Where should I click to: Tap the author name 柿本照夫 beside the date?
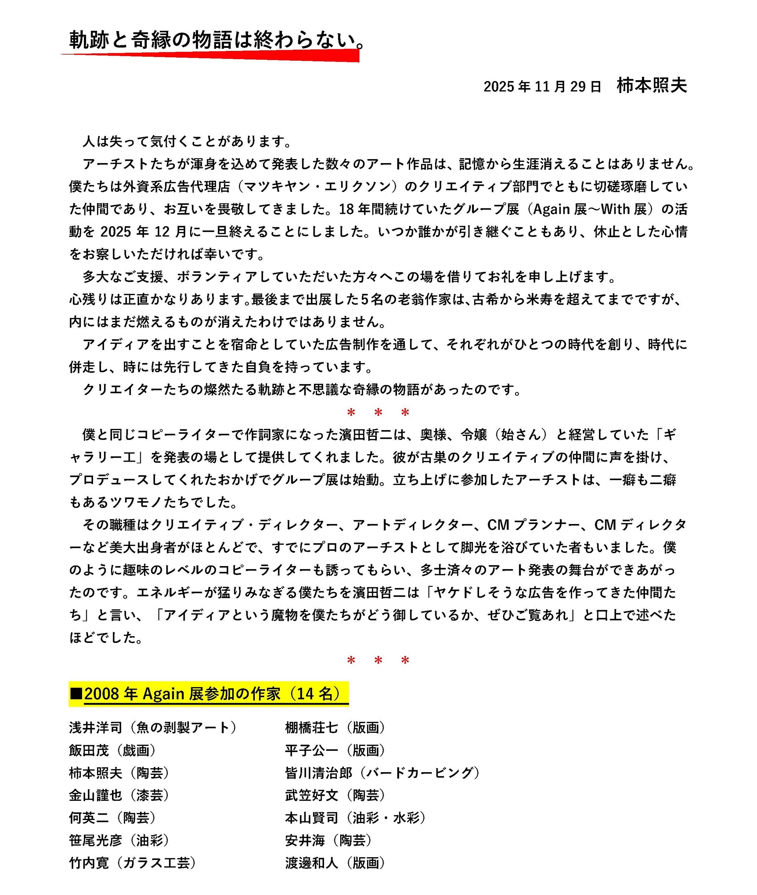tap(651, 86)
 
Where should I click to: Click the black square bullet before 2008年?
tap(76, 693)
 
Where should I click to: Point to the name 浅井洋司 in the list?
tap(96, 728)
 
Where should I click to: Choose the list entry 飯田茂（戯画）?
tap(112, 750)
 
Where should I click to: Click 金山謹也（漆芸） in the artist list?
tap(119, 795)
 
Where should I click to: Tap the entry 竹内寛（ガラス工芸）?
tap(132, 863)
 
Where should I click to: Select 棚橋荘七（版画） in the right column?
tap(335, 728)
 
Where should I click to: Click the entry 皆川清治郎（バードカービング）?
tap(382, 773)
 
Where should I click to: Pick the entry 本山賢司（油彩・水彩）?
tap(355, 818)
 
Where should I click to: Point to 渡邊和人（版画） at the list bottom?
tap(335, 863)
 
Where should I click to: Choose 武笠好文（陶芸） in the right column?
tap(335, 795)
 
